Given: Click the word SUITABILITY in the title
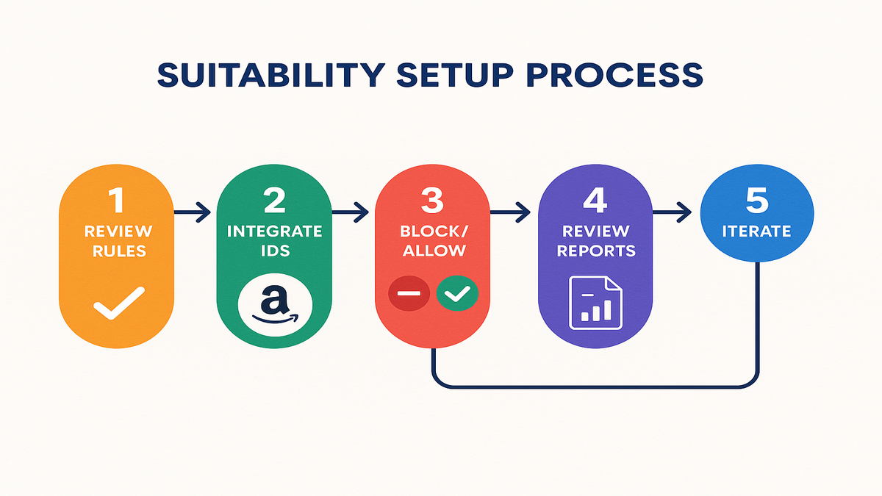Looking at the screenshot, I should click(270, 76).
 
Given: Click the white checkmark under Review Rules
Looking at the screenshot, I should click(115, 303).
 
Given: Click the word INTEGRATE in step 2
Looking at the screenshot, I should click(274, 231).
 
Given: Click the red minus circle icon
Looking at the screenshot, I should click(409, 294).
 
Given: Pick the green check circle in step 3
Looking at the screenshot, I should click(457, 294).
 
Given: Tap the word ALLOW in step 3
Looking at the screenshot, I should click(432, 250).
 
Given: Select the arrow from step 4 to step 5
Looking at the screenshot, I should click(670, 214).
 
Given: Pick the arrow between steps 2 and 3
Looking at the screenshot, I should click(352, 214).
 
